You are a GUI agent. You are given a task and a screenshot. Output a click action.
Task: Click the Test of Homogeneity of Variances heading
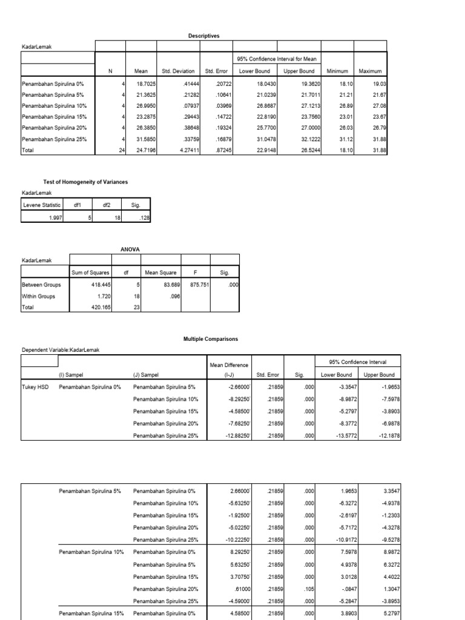[x=85, y=182]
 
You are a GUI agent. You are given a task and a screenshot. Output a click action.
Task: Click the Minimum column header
[x=338, y=71]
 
